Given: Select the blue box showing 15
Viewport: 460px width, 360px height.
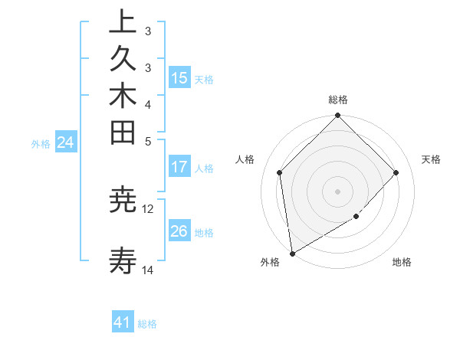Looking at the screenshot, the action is point(179,77).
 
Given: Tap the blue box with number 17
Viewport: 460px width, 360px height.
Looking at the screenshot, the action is point(179,167).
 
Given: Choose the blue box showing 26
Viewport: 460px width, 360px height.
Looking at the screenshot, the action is point(179,231).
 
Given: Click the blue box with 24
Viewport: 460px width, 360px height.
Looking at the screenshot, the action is point(66,142).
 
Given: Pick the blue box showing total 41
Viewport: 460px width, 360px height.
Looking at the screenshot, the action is point(123,322).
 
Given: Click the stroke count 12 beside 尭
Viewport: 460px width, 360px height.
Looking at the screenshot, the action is point(148,208).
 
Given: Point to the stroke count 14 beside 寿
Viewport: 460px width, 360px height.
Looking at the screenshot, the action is point(148,270).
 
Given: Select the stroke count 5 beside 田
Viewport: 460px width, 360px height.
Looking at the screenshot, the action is point(148,140).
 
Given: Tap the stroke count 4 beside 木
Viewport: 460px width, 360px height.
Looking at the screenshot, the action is point(148,103).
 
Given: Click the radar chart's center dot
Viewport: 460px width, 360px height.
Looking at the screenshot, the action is point(337,191).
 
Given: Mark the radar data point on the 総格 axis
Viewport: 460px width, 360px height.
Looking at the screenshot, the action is point(337,116).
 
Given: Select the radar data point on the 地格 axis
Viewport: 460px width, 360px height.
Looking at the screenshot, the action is point(356,217).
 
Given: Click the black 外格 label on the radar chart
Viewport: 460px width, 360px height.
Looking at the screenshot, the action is point(270,262).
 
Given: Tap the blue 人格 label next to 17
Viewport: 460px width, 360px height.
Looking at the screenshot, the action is point(204,168).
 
